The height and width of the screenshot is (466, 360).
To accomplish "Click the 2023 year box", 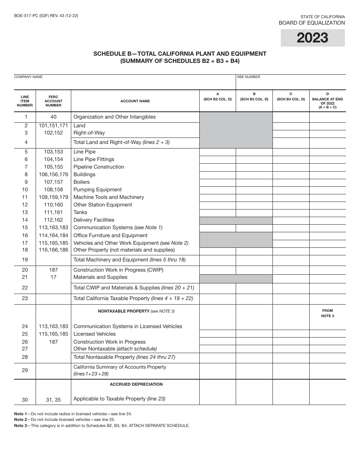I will (313, 38).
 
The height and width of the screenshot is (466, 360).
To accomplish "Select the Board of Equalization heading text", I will (311, 23).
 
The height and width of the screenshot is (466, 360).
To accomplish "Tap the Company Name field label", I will (28, 77).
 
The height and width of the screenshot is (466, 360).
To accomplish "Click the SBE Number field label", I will (249, 77).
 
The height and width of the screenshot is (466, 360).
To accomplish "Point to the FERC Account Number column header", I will (53, 101).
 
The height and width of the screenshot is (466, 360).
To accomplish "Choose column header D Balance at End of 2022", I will (327, 101).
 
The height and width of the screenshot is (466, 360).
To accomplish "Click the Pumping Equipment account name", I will (97, 189).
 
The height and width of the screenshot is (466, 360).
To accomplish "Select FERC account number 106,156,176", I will (53, 174).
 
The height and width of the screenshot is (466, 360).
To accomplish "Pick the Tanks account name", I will (80, 212).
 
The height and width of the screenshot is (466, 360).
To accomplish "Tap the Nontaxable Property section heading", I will (136, 311).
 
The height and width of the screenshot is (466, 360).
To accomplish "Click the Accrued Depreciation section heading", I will (136, 384).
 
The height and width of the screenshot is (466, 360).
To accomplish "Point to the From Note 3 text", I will (327, 313).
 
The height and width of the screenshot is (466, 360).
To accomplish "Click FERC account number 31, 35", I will (53, 399).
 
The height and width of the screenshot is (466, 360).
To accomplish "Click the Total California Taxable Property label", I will (133, 298).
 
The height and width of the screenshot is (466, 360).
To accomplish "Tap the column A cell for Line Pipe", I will (218, 152).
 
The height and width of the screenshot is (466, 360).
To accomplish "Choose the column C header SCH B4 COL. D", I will (291, 97).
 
